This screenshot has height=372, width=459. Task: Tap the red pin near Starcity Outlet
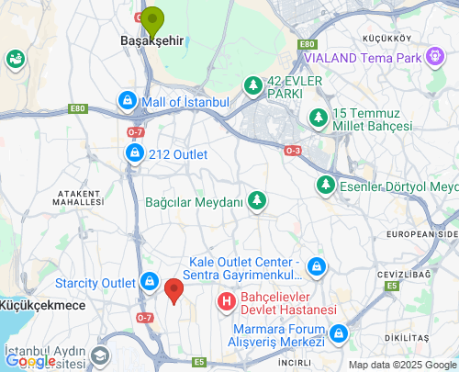[174, 290]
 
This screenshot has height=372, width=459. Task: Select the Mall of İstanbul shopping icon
[128, 100]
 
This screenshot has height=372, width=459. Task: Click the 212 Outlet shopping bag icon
[134, 153]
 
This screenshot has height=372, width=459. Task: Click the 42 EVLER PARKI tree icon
[252, 85]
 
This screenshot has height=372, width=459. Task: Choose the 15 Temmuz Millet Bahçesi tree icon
[318, 118]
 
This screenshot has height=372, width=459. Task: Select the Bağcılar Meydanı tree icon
[258, 200]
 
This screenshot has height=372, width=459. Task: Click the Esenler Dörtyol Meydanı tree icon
[325, 186]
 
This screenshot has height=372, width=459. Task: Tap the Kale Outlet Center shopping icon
[317, 266]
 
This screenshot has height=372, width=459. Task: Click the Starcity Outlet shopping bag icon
[150, 281]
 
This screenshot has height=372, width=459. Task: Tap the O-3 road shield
[293, 150]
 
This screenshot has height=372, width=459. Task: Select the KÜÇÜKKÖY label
[386, 38]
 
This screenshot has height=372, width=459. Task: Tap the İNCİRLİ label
[295, 363]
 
